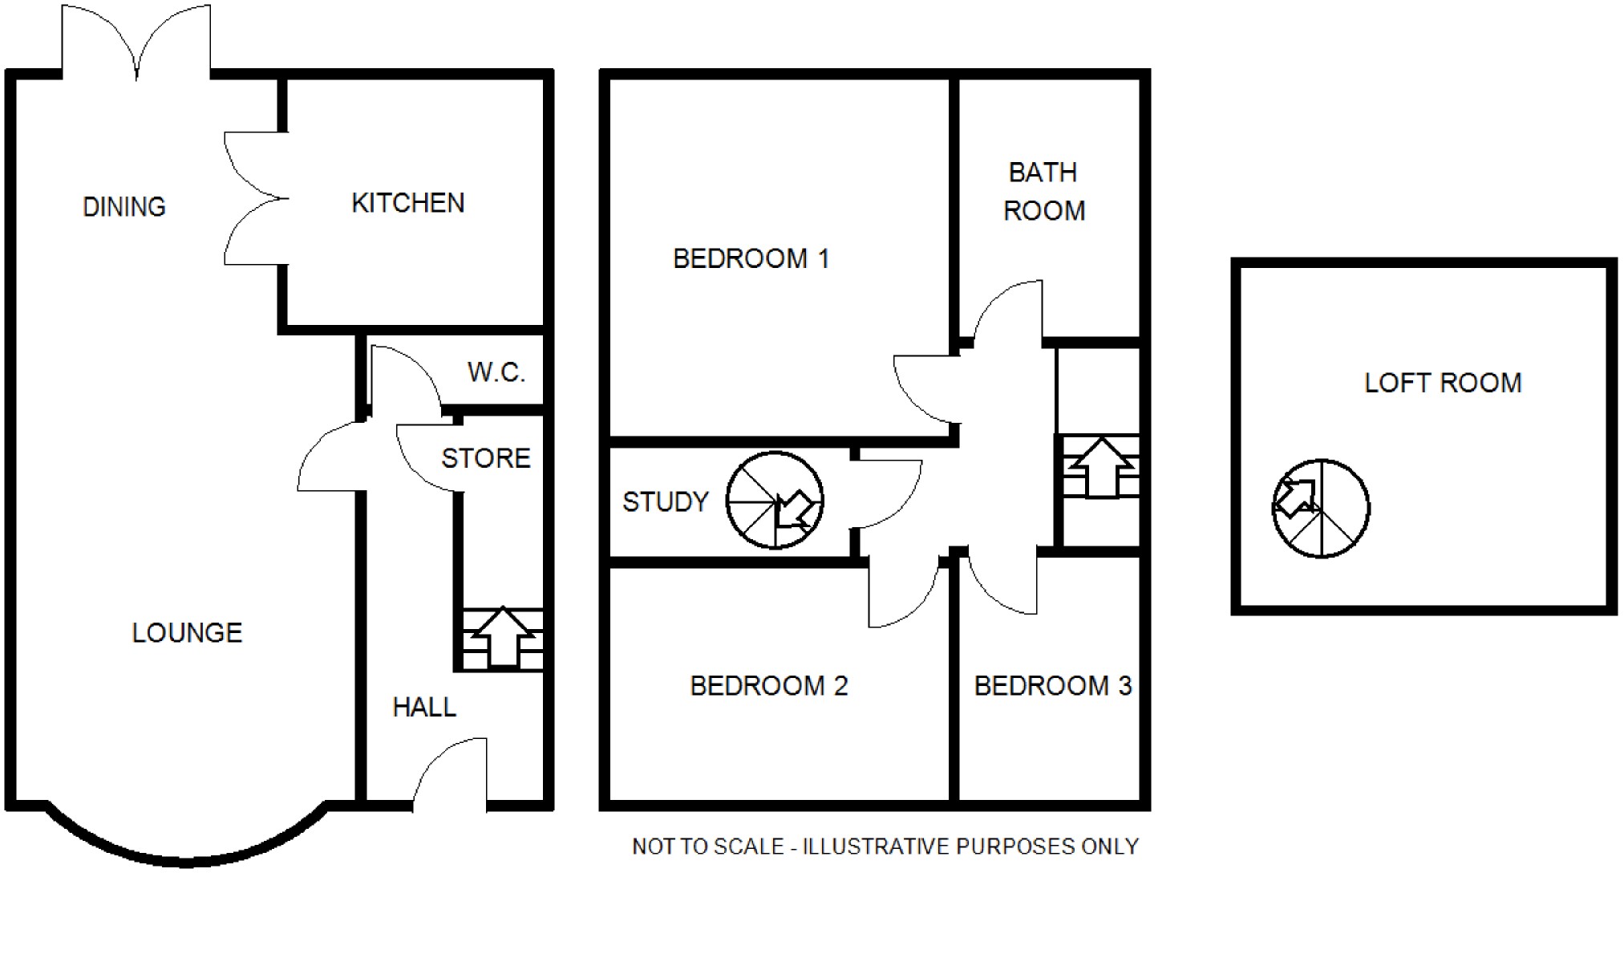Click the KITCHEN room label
click(407, 203)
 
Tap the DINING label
click(124, 207)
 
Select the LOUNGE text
click(187, 633)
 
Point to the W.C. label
click(496, 372)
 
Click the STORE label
click(486, 458)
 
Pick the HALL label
click(424, 707)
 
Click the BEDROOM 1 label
click(751, 258)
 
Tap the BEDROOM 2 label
click(768, 686)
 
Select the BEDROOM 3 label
click(1052, 686)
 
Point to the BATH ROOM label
click(1043, 192)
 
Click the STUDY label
click(666, 502)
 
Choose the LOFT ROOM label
click(1443, 384)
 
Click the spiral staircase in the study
click(775, 501)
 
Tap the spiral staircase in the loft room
click(1321, 509)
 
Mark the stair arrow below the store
click(503, 636)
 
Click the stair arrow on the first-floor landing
click(1102, 467)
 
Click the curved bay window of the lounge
click(186, 859)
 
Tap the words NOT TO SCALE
click(707, 847)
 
